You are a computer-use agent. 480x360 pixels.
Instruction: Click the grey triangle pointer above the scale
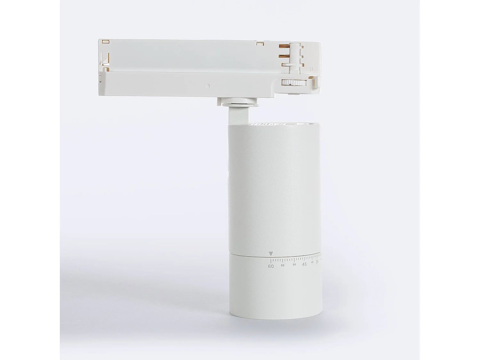[271, 254]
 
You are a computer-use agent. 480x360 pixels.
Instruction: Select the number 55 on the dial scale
[283, 265]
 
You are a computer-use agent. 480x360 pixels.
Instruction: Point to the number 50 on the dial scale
[294, 265]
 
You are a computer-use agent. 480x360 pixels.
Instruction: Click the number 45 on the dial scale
[304, 264]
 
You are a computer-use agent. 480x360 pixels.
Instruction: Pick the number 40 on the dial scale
[312, 262]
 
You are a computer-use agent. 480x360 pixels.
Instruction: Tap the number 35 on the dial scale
[317, 262]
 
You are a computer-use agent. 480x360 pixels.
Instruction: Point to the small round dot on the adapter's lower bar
[208, 86]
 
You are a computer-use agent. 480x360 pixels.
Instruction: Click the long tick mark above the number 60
[271, 260]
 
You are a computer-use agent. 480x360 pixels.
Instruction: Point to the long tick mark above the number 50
[294, 259]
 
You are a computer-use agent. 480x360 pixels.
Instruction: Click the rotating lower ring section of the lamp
[275, 288]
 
